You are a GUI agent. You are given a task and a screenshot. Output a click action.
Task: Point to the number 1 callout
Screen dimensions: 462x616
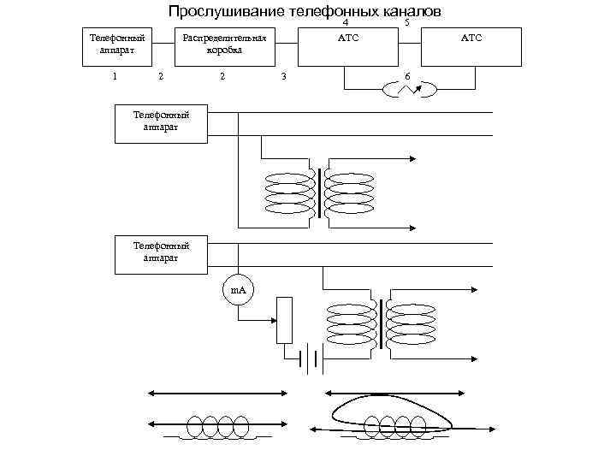[114, 78]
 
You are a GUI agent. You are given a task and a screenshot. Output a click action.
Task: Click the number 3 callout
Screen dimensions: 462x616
[284, 79]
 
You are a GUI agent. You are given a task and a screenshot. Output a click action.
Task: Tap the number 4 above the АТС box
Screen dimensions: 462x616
[346, 23]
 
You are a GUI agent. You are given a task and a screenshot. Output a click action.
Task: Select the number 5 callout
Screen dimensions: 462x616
[406, 23]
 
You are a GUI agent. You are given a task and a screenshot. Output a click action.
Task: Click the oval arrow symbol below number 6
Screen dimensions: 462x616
[410, 90]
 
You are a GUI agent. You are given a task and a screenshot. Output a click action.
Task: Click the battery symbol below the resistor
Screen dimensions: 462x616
[310, 359]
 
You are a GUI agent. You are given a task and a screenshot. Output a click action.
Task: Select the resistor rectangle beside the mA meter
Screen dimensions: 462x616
[284, 320]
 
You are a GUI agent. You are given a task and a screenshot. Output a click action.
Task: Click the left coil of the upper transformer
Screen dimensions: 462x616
[291, 193]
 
